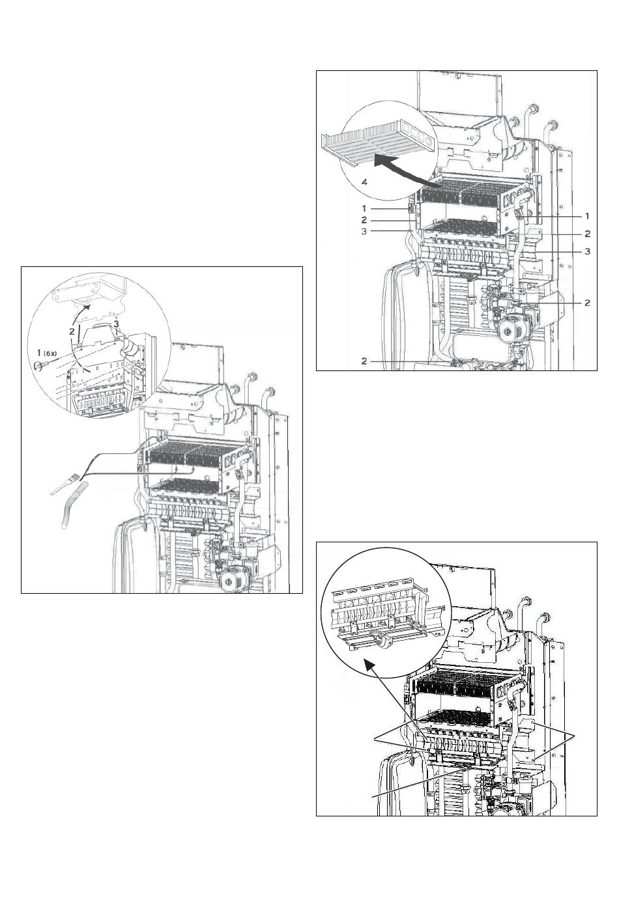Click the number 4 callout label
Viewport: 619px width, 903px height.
coord(364,184)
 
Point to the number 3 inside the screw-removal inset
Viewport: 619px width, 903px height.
coord(116,324)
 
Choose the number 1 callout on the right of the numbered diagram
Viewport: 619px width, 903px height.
coord(587,215)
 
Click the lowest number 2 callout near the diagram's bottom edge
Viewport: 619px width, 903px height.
coord(364,361)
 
